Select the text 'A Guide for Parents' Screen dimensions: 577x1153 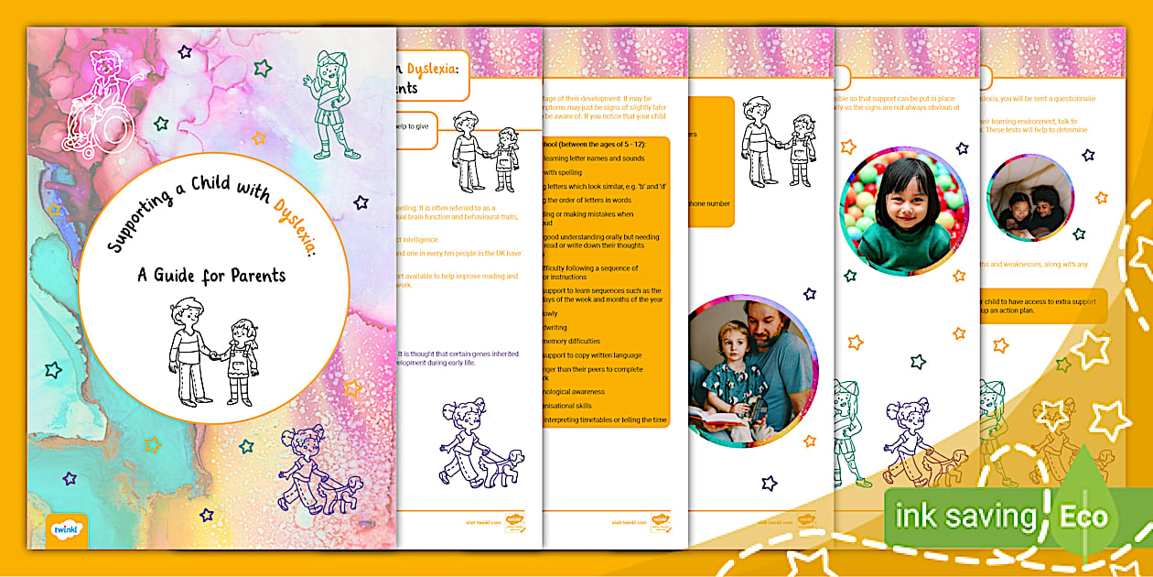[212, 274]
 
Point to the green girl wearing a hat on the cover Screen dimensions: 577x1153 [334, 103]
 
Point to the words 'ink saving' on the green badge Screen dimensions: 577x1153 [964, 516]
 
